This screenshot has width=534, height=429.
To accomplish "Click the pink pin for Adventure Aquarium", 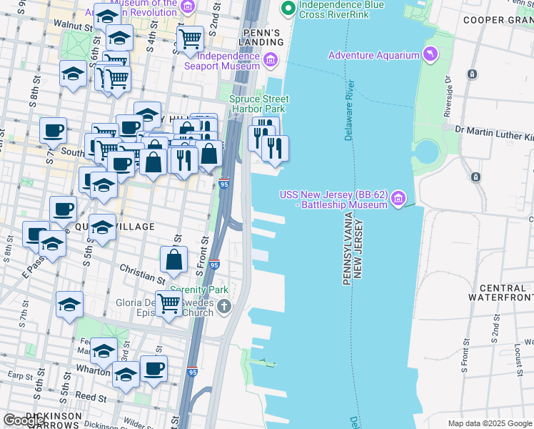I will point(430,54).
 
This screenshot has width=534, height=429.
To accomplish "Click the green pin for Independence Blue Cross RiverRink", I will point(288,9).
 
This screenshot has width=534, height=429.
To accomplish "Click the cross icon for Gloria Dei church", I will point(224,307).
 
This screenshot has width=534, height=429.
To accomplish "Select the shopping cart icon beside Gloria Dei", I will point(168,303).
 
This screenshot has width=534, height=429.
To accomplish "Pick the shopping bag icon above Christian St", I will point(173,260).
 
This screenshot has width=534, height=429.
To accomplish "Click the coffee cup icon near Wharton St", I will point(154,368).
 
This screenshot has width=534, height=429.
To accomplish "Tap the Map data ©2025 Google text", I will point(489,423).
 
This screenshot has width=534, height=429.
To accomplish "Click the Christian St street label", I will point(143,275).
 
